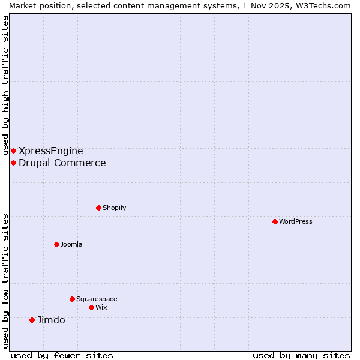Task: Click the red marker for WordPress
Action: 275,221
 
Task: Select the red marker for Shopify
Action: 98,208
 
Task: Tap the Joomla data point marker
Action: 56,244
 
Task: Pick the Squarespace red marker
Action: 72,299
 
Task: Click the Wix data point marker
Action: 91,307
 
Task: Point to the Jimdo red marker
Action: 32,320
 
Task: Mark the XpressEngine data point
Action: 13,151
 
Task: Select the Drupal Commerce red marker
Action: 13,163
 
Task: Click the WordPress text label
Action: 296,221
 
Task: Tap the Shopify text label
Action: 114,208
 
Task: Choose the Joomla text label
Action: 71,244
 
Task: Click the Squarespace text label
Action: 97,299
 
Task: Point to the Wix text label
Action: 101,307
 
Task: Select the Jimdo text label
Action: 51,320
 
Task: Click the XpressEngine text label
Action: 51,151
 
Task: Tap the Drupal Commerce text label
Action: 62,163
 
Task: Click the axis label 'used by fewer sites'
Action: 62,355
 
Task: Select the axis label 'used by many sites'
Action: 301,355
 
